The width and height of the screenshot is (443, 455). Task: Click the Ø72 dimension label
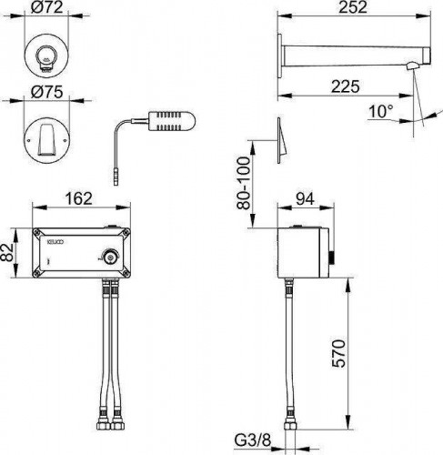47,7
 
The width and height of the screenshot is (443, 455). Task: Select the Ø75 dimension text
47,92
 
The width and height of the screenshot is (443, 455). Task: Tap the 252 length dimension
353,7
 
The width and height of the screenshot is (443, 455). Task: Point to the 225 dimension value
346,86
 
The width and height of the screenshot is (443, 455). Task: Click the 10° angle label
381,111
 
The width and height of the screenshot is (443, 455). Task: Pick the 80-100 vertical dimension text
244,183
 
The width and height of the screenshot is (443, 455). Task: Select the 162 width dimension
79,198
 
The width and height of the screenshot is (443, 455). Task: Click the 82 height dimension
7,252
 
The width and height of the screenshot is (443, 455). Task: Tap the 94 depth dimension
305,199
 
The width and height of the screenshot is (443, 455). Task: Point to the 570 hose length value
338,354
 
